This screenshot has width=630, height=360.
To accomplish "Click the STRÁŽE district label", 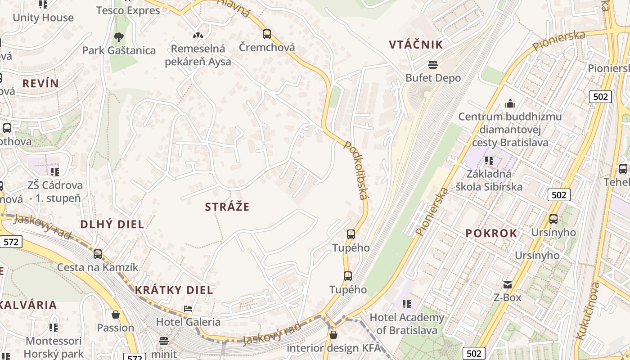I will coord(227,207).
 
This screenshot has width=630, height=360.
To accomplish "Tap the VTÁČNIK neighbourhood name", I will coord(416,45).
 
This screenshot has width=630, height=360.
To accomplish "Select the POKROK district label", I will coord(491,233).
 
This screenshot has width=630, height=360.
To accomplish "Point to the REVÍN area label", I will coord(40,83).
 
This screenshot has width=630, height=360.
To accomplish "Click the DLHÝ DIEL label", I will coord(112,224).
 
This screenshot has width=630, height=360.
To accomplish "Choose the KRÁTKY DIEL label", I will coord(174,290).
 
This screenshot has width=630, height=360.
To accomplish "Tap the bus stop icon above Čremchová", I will coord(267,34).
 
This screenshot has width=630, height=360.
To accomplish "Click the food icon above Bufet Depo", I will coord(433,65).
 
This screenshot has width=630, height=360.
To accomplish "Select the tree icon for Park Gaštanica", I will coord(119,37).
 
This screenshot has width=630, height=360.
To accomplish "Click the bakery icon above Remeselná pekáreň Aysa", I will coord(198,35).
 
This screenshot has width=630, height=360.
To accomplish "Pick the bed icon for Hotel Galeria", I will coord(188,309).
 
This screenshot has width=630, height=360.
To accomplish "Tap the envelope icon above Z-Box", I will coord(507,284).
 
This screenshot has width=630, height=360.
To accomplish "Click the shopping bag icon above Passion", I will coord(116,315).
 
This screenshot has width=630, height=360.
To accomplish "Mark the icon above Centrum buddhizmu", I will coord(510,103).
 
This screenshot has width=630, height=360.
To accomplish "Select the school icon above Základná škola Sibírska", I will coord(489,161).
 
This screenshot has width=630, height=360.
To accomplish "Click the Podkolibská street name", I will coord(356,170).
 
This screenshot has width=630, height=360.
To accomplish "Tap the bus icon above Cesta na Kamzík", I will coord(98,254).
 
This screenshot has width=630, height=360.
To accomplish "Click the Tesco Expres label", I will coord(128,10).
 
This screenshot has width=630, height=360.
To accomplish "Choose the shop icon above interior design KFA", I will coord(333,335).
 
